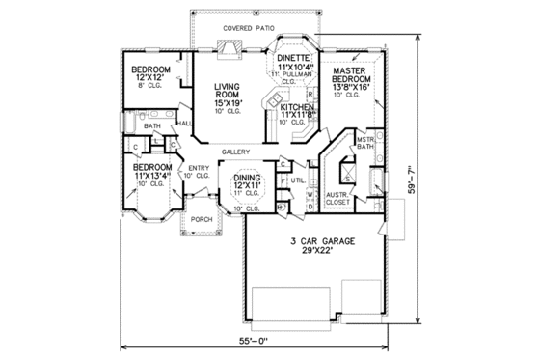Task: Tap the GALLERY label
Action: (x=236, y=152)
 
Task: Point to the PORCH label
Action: (x=202, y=219)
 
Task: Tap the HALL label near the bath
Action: (x=185, y=124)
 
